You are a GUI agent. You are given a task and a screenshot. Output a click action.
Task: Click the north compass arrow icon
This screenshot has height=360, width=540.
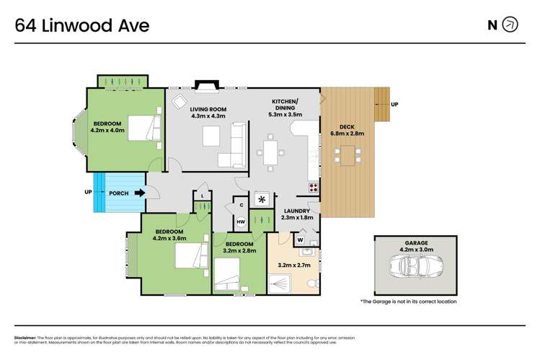pyautogui.click(x=510, y=25)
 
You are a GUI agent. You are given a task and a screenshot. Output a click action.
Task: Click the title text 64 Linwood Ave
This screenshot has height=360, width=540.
pyautogui.click(x=82, y=25)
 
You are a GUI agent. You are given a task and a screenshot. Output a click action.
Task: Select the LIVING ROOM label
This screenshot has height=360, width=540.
pyautogui.click(x=208, y=108)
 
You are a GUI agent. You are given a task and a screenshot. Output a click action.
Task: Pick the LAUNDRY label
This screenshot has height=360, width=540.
pyautogui.click(x=296, y=211)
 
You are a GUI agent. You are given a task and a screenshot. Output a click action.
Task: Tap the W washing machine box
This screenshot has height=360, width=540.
pyautogui.click(x=299, y=239)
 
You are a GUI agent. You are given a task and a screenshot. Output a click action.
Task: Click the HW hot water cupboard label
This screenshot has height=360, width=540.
pyautogui.click(x=241, y=221)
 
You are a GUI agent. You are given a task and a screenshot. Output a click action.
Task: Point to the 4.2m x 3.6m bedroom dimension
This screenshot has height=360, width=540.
pyautogui.click(x=169, y=237)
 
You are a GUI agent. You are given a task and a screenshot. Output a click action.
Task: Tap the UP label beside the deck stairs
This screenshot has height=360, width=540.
pyautogui.click(x=394, y=105)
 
